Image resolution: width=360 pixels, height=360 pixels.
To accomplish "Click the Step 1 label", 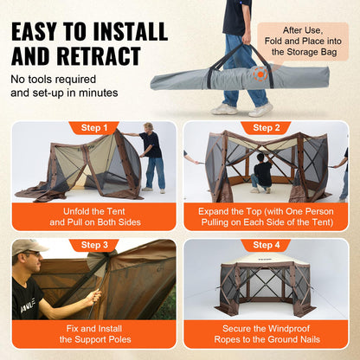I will pyautogui.click(x=93, y=128).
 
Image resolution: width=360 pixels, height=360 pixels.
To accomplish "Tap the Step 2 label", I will pyautogui.click(x=265, y=128).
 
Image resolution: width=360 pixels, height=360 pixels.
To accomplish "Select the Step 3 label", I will pyautogui.click(x=93, y=245).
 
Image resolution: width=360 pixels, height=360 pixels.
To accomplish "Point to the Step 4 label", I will pyautogui.click(x=265, y=245).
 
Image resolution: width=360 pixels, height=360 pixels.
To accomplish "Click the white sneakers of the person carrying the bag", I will pyautogui.click(x=242, y=109).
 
